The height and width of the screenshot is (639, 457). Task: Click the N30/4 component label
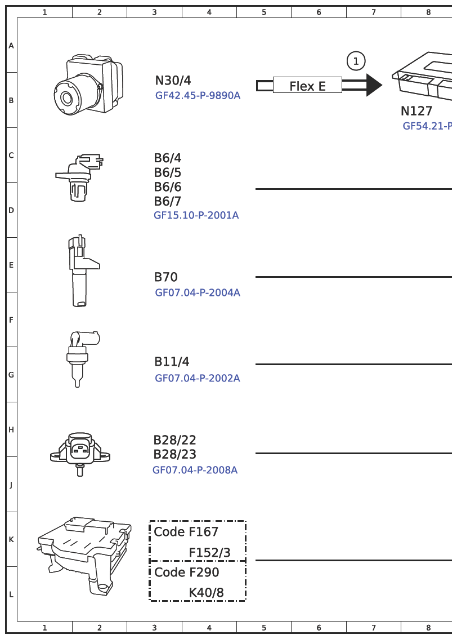(x=173, y=80)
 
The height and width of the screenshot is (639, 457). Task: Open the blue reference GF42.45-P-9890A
(x=198, y=96)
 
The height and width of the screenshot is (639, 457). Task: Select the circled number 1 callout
(x=356, y=61)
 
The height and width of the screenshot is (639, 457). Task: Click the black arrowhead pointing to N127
(x=374, y=85)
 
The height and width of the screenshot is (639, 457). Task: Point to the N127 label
(x=416, y=111)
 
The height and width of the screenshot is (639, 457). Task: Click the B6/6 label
(x=168, y=187)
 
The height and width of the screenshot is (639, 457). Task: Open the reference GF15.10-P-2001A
(x=196, y=215)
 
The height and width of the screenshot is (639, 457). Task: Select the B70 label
(x=166, y=277)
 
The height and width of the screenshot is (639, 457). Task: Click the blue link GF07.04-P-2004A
(x=198, y=292)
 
